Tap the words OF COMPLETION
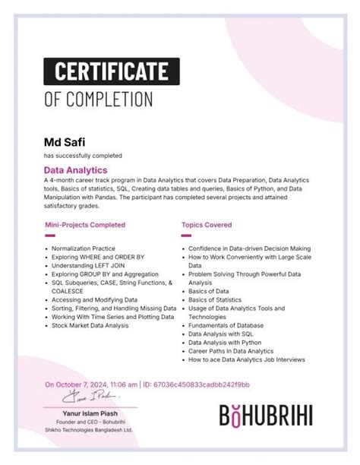98,99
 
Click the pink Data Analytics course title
75,170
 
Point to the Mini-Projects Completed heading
85,225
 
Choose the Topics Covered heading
207,225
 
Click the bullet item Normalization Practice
84,248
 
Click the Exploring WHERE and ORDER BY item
99,257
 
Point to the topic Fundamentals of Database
226,325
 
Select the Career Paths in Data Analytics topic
231,351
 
